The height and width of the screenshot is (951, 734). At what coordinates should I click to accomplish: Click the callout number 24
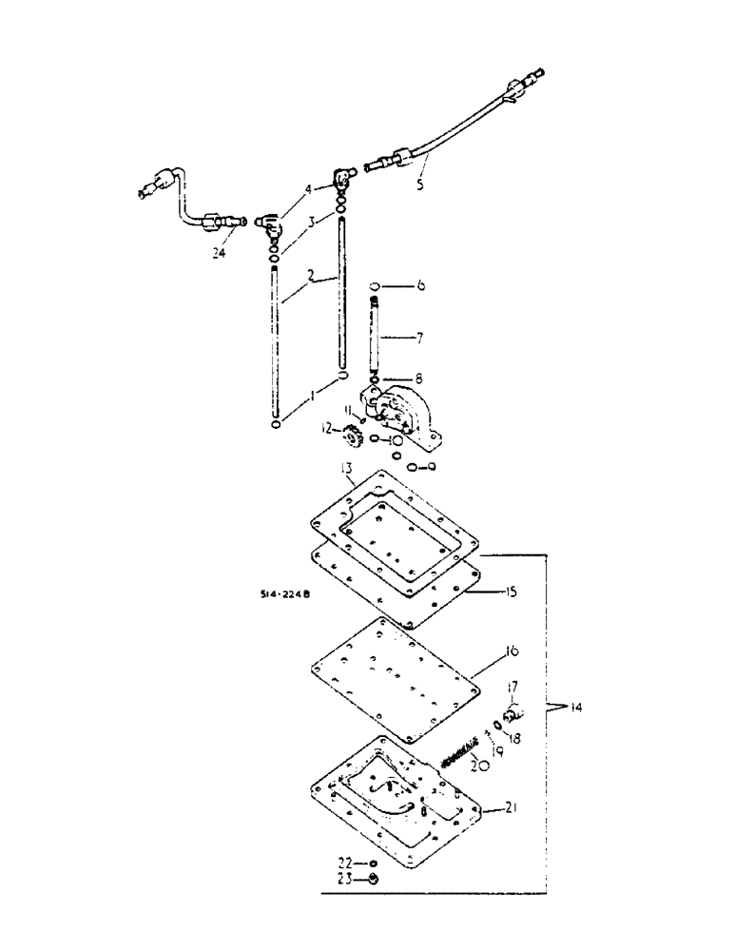click(221, 254)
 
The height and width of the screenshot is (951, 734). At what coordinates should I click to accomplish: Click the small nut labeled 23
click(374, 880)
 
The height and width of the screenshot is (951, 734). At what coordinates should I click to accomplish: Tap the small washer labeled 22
click(374, 863)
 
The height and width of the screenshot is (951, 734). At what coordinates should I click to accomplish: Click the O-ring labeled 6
click(377, 285)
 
